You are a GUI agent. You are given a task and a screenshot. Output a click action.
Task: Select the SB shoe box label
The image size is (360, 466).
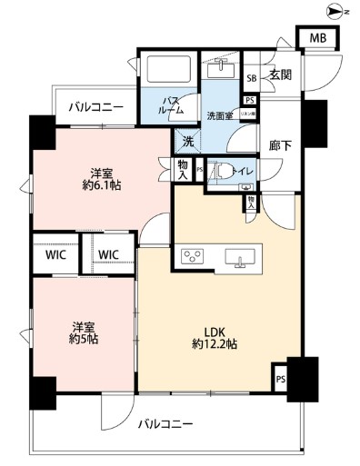click(x=251, y=77)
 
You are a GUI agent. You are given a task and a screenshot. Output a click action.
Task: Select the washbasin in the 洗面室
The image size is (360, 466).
click(x=221, y=70)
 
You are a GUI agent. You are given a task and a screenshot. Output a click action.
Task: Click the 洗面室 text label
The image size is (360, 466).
click(x=220, y=115)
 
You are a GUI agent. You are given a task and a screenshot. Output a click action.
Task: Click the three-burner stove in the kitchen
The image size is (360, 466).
click(x=194, y=256)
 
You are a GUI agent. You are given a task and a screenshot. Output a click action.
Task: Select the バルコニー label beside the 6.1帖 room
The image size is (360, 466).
click(x=95, y=107)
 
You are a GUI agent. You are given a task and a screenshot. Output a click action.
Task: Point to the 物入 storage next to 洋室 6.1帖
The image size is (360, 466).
click(x=183, y=168)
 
